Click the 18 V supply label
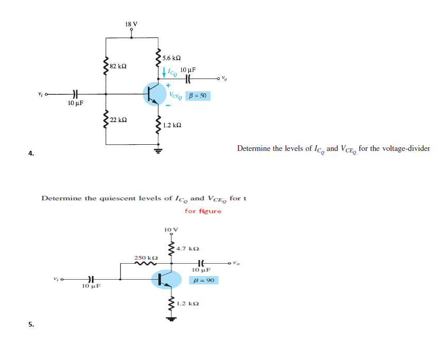point(131,24)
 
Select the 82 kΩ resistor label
point(119,67)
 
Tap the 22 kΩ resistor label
point(119,119)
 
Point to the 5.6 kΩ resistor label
point(171,59)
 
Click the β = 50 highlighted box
point(197,96)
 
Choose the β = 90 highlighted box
point(204,280)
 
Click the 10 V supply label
point(171,229)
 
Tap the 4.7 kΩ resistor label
point(188,249)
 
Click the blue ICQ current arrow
point(164,73)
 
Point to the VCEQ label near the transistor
point(176,96)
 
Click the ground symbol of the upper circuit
point(159,150)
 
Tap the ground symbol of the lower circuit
point(171,318)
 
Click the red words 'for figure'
point(203,211)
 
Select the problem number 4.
point(31,153)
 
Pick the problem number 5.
point(31,324)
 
